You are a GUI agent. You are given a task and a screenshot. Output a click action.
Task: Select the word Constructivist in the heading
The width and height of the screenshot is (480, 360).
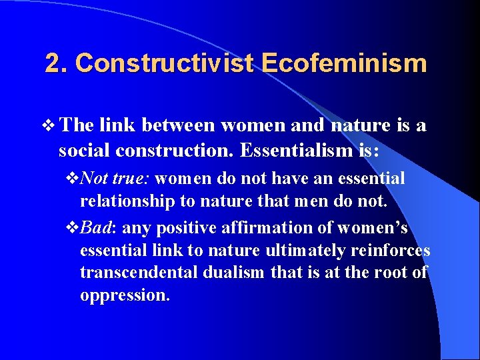point(165,63)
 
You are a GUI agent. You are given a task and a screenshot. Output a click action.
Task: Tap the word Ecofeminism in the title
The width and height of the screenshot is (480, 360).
point(343,63)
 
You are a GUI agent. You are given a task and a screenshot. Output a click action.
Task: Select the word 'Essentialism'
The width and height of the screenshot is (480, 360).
point(293,151)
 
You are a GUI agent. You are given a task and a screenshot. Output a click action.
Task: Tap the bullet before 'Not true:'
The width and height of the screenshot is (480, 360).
point(73,179)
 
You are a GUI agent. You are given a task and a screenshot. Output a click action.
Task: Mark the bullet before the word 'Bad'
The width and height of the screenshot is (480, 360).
point(73,228)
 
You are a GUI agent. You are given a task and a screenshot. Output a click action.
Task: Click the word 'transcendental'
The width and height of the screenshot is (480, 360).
point(135,273)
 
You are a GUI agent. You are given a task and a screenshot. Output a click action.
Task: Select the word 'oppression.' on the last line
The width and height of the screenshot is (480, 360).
point(125,295)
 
